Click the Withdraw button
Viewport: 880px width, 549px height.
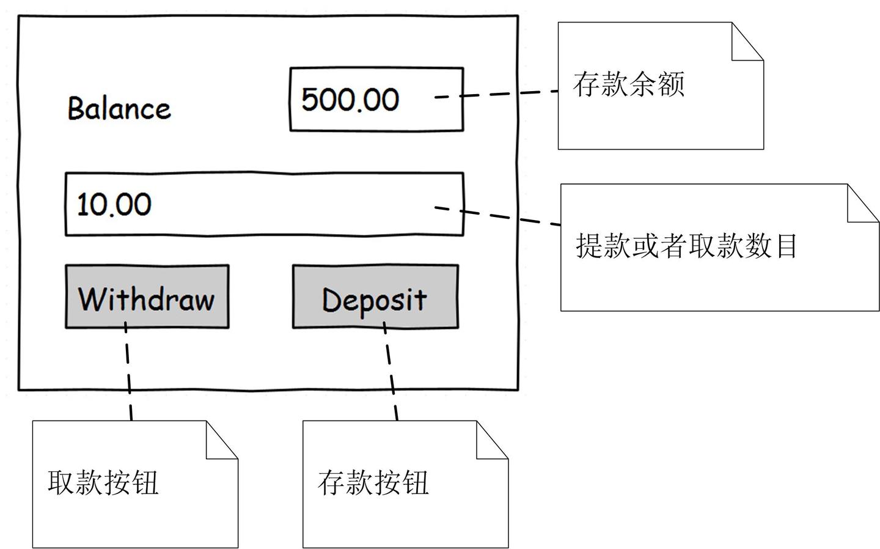147,297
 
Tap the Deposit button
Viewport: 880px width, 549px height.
375,297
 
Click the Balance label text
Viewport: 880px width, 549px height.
119,108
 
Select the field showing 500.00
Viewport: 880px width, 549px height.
376,100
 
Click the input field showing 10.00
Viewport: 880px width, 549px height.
264,204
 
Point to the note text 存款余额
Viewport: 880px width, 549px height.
628,84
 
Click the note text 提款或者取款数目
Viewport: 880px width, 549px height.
686,246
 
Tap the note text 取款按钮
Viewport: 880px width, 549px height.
103,482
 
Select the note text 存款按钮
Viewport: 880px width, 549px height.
373,482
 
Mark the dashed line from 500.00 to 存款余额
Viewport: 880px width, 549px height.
507,93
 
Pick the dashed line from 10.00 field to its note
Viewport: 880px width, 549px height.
507,216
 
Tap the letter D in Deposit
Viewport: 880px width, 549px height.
331,300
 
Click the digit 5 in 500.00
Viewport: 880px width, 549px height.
311,100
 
